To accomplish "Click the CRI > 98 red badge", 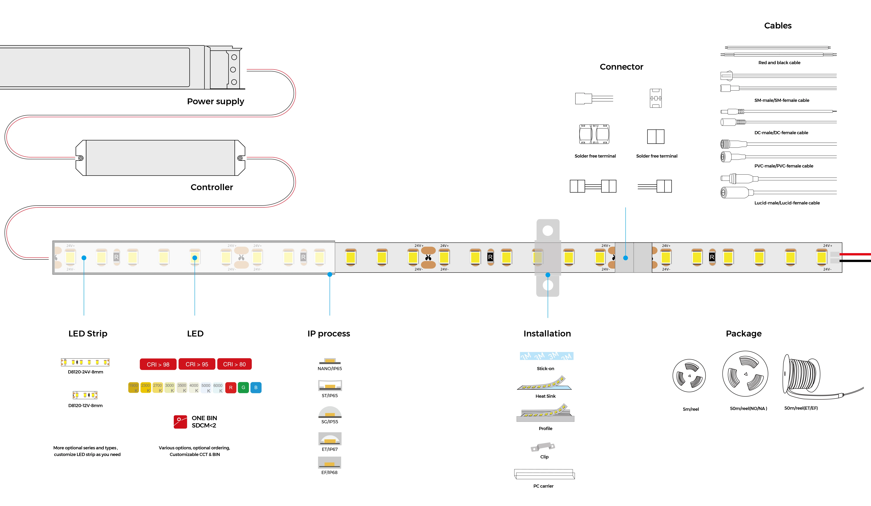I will coord(158,364).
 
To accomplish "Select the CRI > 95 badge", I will coord(197,364).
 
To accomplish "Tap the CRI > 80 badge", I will coord(234,364).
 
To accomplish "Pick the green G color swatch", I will coord(243,387).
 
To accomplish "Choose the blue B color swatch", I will coord(256,387).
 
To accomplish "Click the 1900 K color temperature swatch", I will coord(133,387).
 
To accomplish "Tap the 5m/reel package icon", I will coord(689,376).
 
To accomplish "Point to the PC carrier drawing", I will coord(544,474).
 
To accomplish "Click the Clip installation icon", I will coord(543,447).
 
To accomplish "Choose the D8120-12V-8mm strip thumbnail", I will coord(85,395).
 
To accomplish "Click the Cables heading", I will coord(778,26).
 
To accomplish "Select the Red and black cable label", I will coord(779,63).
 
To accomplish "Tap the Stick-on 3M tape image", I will coord(546,356).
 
